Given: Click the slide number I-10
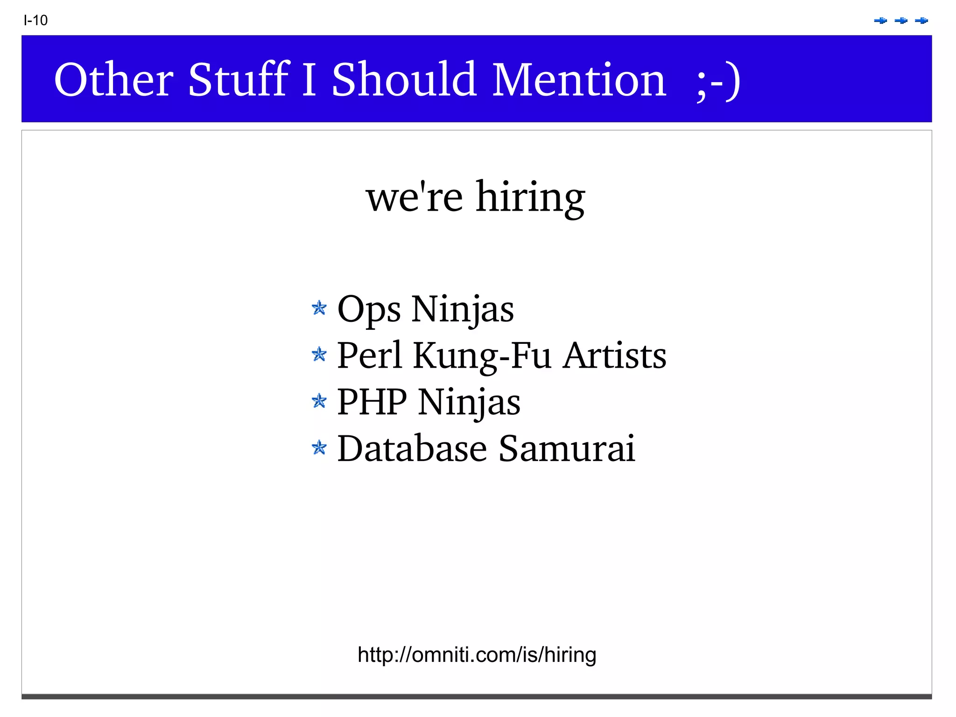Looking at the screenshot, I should pyautogui.click(x=35, y=21).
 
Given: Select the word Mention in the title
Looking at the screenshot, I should pyautogui.click(x=579, y=80).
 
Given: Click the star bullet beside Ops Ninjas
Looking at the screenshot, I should pyautogui.click(x=319, y=308).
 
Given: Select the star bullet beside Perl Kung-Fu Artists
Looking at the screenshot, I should pyautogui.click(x=319, y=355).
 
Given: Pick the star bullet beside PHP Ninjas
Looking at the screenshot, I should pyautogui.click(x=319, y=401).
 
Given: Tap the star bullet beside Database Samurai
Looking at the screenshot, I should pyautogui.click(x=319, y=448).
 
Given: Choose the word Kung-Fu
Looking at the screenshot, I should pyautogui.click(x=483, y=356).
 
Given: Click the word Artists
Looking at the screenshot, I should pyautogui.click(x=614, y=356).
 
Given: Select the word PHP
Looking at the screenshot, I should pyautogui.click(x=372, y=402).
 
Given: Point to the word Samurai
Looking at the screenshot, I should pyautogui.click(x=567, y=449).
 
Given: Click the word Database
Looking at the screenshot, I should pyautogui.click(x=412, y=449).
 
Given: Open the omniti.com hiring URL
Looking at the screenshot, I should pyautogui.click(x=477, y=655).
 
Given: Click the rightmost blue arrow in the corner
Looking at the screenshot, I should pyautogui.click(x=921, y=21).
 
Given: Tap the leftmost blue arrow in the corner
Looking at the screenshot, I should pyautogui.click(x=880, y=21).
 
